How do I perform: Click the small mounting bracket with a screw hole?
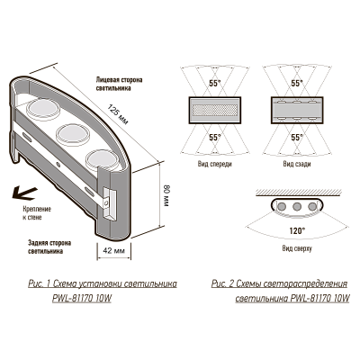click(109, 202)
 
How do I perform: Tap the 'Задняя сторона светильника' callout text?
click(44, 247)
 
